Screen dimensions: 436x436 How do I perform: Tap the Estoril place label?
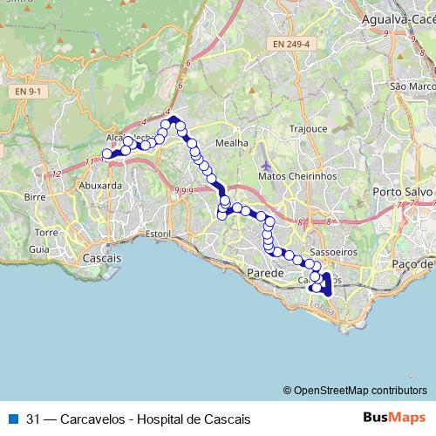pyautogui.click(x=158, y=235)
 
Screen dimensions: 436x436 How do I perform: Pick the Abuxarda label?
pyautogui.click(x=99, y=185)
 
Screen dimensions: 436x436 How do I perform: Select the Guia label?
pyautogui.click(x=39, y=249)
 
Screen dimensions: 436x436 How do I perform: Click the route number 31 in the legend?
pyautogui.click(x=33, y=419)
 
